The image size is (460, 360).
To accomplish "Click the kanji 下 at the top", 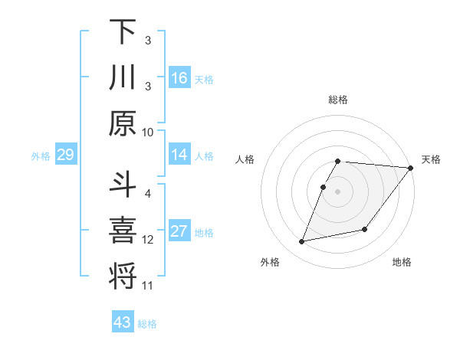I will pyautogui.click(x=123, y=33).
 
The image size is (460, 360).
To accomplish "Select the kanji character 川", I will pyautogui.click(x=123, y=77).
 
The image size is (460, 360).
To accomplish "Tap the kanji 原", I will pyautogui.click(x=123, y=123).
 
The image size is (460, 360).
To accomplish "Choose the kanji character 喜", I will pyautogui.click(x=123, y=231).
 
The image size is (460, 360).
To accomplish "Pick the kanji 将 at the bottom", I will pyautogui.click(x=123, y=276).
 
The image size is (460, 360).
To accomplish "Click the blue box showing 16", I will pyautogui.click(x=179, y=77).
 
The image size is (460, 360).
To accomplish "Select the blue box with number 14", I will pyautogui.click(x=179, y=155).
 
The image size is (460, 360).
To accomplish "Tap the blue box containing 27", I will pyautogui.click(x=179, y=232).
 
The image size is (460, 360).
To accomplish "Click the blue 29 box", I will pyautogui.click(x=65, y=155).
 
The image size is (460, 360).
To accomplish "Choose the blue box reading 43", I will pyautogui.click(x=122, y=322).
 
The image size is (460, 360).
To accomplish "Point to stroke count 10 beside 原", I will pyautogui.click(x=148, y=132).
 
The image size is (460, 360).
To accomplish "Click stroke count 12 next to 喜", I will pyautogui.click(x=148, y=240).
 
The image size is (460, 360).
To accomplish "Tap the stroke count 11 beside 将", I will pyautogui.click(x=148, y=286).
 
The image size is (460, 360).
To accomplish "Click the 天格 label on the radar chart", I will pyautogui.click(x=431, y=159).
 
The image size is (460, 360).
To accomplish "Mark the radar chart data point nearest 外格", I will pyautogui.click(x=302, y=242).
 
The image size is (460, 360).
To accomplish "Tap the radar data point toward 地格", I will pyautogui.click(x=365, y=229).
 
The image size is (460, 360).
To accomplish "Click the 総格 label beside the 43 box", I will pyautogui.click(x=148, y=324).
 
